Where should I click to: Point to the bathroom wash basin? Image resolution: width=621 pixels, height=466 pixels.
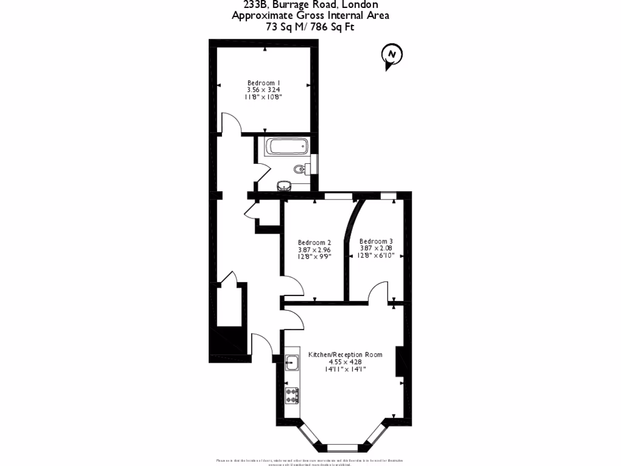(284, 185)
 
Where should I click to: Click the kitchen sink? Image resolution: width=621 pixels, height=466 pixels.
(292, 363)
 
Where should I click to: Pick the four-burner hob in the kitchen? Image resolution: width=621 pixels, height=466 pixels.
(292, 395)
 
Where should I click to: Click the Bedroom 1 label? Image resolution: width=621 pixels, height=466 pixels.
(264, 83)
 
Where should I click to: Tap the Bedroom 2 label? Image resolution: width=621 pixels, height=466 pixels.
(314, 242)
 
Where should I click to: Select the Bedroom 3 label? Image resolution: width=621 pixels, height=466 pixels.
(376, 241)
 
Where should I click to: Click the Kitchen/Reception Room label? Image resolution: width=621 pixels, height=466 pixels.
(345, 354)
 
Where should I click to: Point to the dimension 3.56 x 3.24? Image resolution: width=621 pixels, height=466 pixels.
(264, 90)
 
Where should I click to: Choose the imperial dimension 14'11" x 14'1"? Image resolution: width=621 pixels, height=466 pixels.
(345, 369)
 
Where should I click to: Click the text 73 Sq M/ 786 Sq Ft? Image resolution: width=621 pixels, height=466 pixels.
(310, 27)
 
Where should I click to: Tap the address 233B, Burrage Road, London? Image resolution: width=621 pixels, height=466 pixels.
(310, 5)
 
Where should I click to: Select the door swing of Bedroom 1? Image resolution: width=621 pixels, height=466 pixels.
(230, 123)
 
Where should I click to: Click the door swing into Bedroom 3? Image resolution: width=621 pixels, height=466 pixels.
(378, 291)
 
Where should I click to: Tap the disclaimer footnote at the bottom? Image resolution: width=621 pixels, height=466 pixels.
(310, 462)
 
